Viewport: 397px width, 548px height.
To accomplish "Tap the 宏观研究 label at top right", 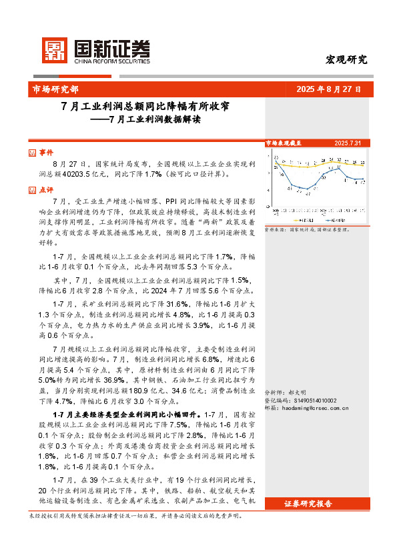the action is pyautogui.click(x=346, y=59).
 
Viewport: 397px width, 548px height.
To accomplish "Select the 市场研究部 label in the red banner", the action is pyautogui.click(x=55, y=89).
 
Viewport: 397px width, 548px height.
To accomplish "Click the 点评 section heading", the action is pyautogui.click(x=46, y=189).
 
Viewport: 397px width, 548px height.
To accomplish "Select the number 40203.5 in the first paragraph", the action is pyautogui.click(x=79, y=174).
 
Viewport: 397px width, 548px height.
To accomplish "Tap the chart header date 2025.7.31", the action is pyautogui.click(x=348, y=143).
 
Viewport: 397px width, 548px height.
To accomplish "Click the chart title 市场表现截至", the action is pyautogui.click(x=283, y=143).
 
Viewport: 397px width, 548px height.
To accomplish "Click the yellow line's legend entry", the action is pyautogui.click(x=298, y=218).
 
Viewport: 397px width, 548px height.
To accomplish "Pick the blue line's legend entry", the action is pyautogui.click(x=338, y=218).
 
